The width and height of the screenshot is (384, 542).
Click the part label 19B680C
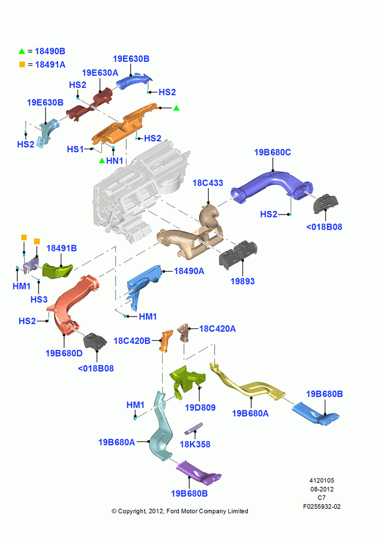tap(272, 152)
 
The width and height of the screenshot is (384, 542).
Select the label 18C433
tap(208, 183)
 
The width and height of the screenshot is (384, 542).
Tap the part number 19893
tap(242, 281)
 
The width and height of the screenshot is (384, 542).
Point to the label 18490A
tap(189, 271)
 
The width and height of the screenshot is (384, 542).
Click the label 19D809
tap(200, 408)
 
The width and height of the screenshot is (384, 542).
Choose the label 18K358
tap(195, 444)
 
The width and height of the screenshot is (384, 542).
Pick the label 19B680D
tap(64, 353)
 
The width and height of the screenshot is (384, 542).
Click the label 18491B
tap(62, 248)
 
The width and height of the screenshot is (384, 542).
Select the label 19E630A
tap(100, 73)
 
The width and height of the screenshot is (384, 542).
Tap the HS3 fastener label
tap(39, 299)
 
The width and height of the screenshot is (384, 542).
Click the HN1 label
tap(114, 161)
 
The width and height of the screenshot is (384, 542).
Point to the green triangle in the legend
tap(22, 51)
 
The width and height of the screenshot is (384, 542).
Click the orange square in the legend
tap(22, 64)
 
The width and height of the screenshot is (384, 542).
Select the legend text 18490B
tap(50, 51)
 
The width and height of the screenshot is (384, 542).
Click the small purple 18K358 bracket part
tap(194, 428)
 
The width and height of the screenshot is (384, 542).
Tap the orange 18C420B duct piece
tap(166, 341)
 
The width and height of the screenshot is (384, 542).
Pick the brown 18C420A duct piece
tap(183, 332)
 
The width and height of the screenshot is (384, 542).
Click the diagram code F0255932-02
tap(322, 506)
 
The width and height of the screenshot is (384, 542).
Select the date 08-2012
tap(322, 489)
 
